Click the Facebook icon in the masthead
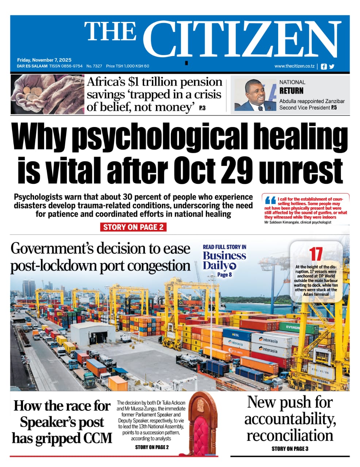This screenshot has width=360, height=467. click(x=323, y=66)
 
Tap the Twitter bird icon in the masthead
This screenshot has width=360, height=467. click(x=332, y=66)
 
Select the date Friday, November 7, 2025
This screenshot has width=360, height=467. click(x=44, y=60)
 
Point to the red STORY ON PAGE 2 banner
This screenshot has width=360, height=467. click(x=133, y=227)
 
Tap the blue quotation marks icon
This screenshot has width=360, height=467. click(x=270, y=200)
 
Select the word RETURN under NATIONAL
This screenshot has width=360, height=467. click(x=291, y=90)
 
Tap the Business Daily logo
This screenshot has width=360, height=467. click(x=224, y=260)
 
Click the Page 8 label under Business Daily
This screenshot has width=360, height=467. click(x=225, y=275)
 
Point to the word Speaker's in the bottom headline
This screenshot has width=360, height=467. click(x=62, y=422)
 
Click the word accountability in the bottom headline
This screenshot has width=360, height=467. click(x=290, y=419)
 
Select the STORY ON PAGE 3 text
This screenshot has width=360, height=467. click(x=290, y=448)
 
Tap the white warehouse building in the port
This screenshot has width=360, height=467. click(x=93, y=334)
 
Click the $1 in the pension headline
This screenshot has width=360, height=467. click(x=133, y=82)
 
